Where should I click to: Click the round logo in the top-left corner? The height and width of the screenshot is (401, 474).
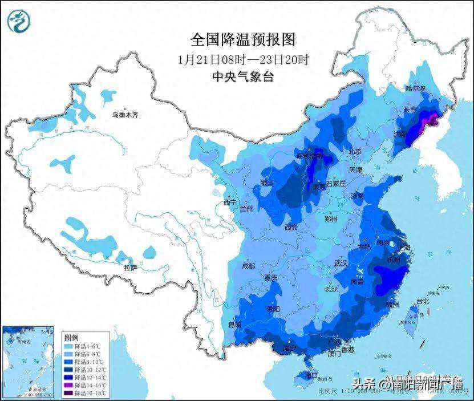(19, 21)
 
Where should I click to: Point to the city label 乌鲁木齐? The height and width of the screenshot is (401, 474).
(125, 115)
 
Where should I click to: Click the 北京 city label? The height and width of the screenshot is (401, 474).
(355, 152)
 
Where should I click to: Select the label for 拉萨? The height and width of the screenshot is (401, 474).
(131, 268)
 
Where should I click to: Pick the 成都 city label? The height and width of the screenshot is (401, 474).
(248, 266)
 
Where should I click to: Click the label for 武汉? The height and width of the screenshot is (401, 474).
(341, 264)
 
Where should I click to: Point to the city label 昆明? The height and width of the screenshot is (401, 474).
(234, 325)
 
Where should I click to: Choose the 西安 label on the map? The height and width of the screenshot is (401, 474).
(291, 227)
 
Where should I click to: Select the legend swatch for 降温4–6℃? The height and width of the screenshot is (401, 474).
(67, 346)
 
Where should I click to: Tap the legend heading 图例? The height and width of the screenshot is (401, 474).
(71, 337)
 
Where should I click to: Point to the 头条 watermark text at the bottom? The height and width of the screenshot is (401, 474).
(364, 383)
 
